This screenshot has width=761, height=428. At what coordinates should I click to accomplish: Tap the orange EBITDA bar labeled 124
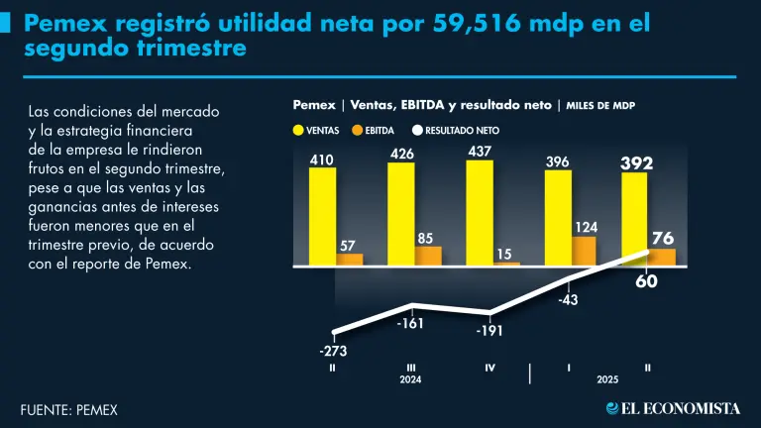tap(585, 251)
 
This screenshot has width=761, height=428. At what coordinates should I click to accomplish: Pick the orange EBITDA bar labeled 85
tap(428, 256)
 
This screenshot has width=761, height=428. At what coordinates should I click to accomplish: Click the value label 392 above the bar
tap(636, 162)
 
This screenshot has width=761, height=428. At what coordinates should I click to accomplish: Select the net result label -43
tap(568, 298)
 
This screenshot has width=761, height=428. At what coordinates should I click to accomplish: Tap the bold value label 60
tap(646, 281)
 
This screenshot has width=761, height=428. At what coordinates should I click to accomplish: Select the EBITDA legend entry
tap(374, 130)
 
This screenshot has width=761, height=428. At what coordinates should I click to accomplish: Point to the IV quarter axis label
tap(489, 368)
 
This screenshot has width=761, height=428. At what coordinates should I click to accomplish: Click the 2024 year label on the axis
tap(410, 379)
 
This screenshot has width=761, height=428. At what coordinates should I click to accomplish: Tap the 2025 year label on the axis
tap(608, 379)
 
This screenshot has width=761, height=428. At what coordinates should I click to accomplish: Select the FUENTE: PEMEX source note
tap(63, 408)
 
